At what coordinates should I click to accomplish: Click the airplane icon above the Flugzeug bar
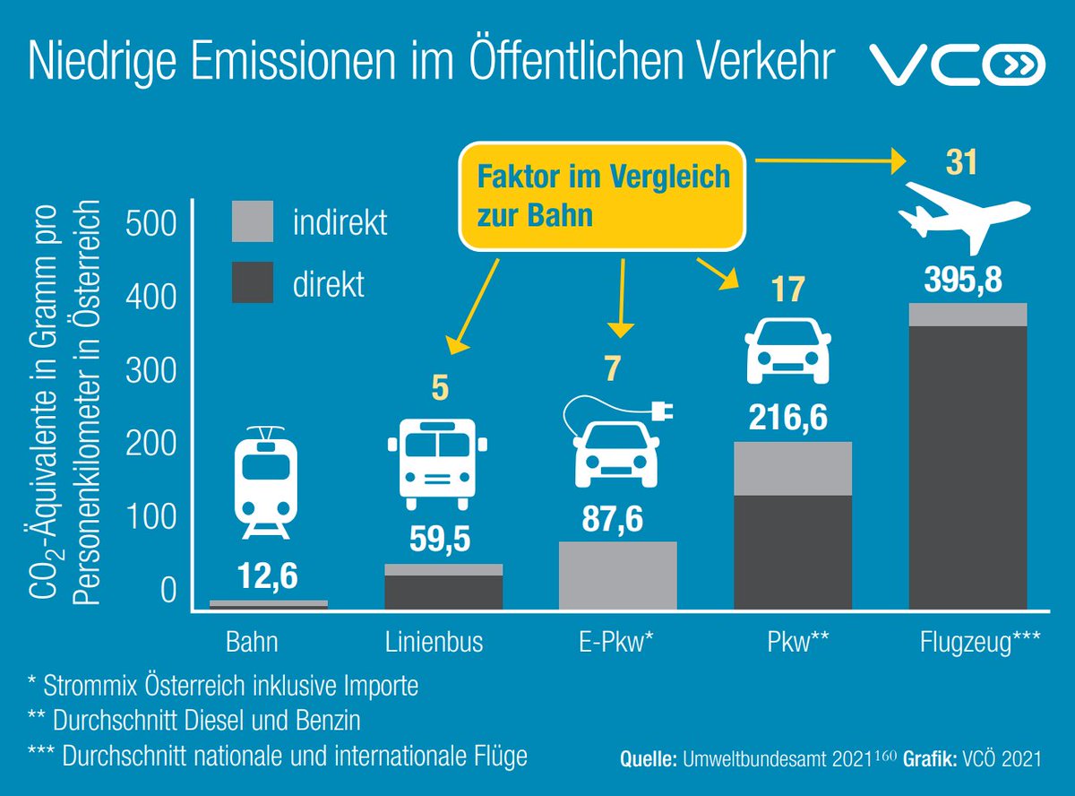pos(966,212)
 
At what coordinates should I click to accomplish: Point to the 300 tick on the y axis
pos(151,370)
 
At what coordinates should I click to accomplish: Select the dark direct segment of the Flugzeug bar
pos(967,466)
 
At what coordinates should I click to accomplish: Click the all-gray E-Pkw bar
pos(617,575)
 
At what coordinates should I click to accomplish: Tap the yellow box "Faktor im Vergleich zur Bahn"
pos(604,196)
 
